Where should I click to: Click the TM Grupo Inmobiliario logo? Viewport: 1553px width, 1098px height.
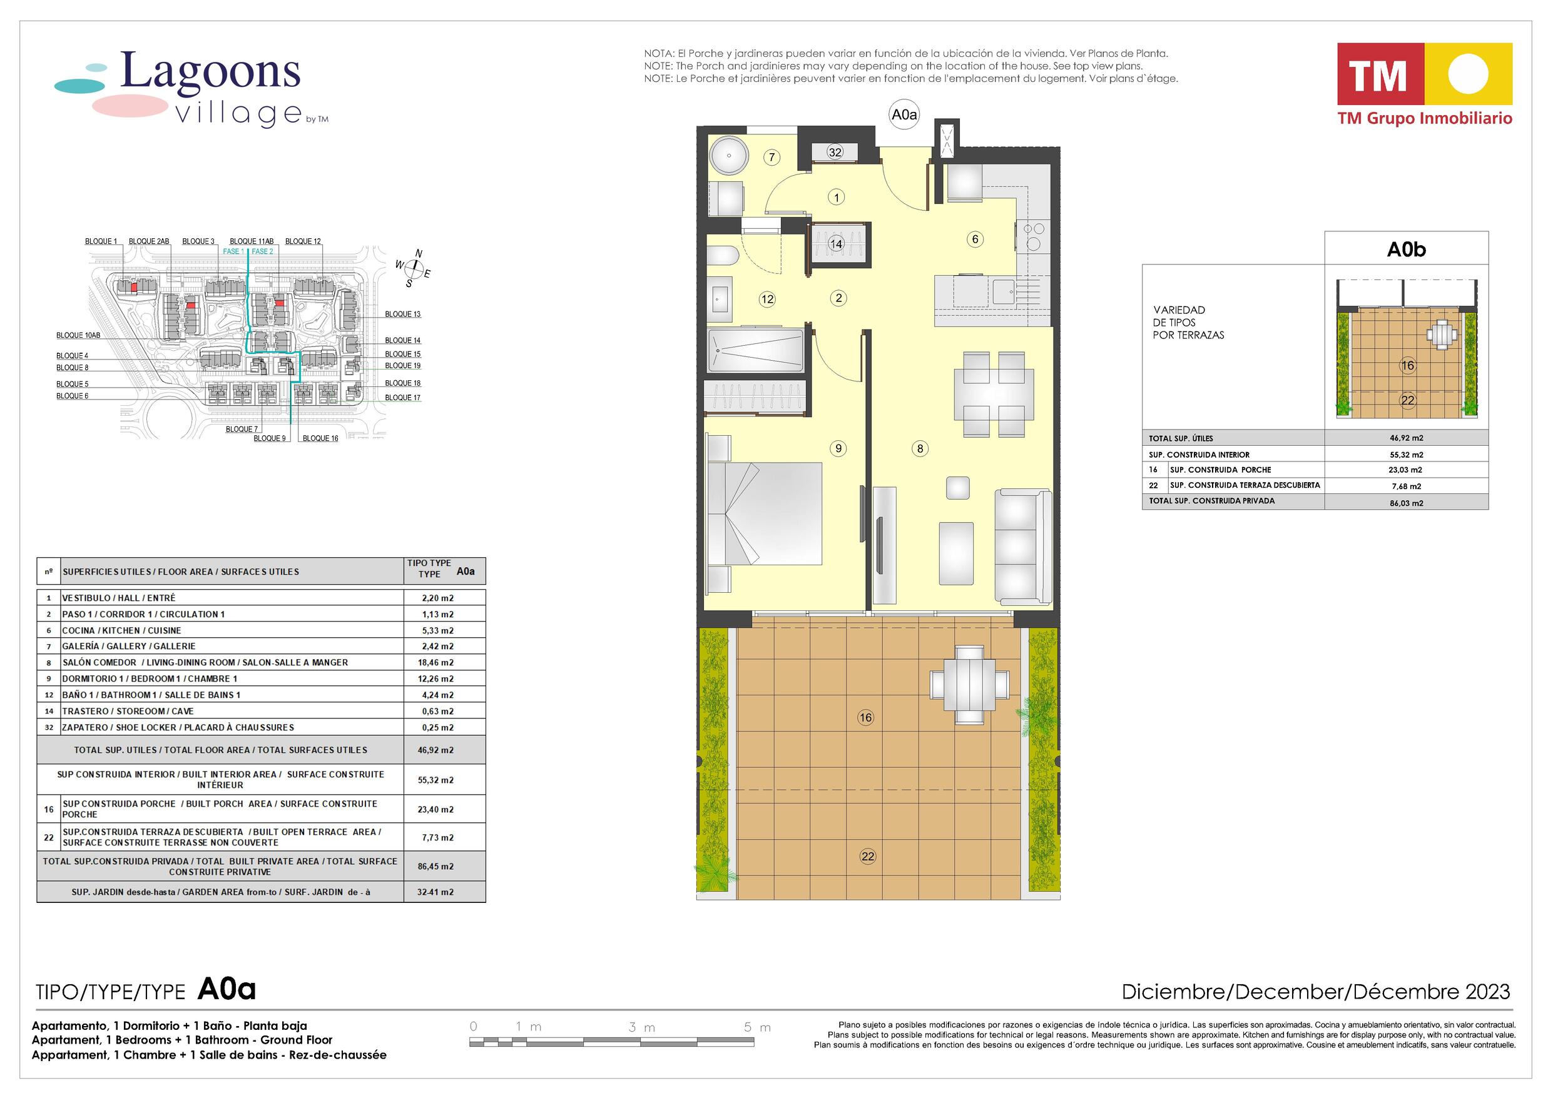point(1425,84)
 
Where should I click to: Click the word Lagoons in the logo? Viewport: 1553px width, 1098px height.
point(210,71)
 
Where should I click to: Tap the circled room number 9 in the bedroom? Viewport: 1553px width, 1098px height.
point(838,448)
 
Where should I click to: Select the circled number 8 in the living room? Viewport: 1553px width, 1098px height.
point(920,448)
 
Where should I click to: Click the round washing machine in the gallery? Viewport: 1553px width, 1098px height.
point(729,156)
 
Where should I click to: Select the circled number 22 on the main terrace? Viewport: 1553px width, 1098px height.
point(868,857)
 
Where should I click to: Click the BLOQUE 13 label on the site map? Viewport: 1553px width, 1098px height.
point(403,314)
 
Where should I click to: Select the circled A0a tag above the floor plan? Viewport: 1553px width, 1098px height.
point(904,114)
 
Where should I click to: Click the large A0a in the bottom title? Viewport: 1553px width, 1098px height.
point(227,990)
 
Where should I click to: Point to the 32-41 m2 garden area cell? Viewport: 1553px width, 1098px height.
point(435,892)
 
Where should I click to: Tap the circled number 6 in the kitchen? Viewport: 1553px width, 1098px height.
point(975,239)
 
